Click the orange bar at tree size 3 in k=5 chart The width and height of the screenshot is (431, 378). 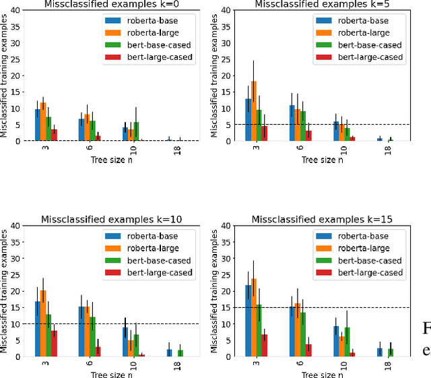[254, 111]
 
